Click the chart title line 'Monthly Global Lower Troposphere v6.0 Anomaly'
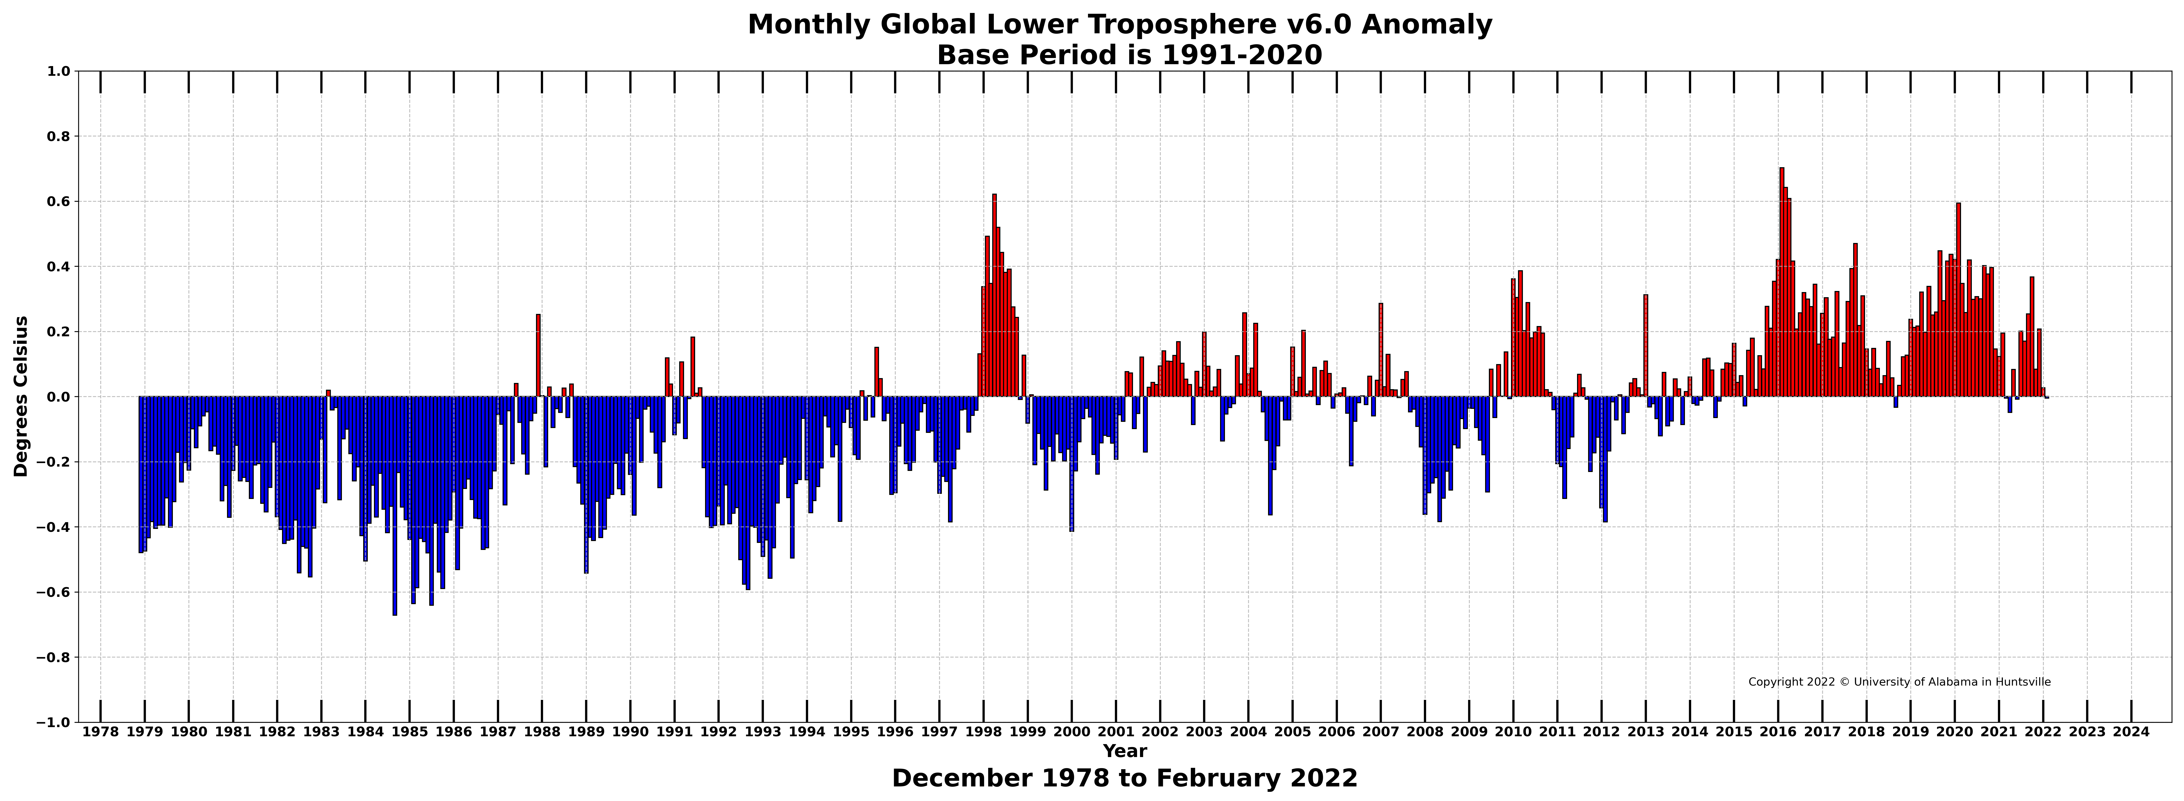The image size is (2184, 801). [1119, 25]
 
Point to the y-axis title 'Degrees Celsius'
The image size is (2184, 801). [21, 396]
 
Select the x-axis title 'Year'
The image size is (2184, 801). [1124, 751]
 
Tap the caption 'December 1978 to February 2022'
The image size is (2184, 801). [1124, 778]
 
